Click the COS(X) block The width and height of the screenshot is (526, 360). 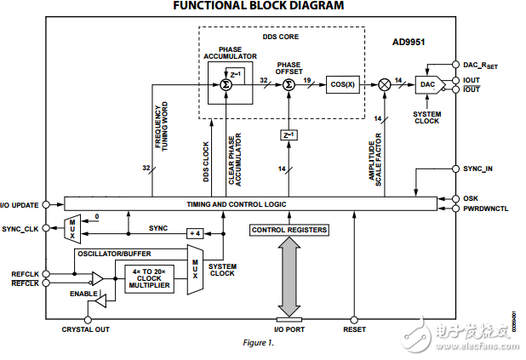342,85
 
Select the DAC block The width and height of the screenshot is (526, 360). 426,85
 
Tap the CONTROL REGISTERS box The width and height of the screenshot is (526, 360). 289,230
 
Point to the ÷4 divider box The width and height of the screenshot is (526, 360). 193,233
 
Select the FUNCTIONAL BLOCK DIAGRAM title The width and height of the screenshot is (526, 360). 259,6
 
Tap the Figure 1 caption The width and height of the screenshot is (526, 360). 260,343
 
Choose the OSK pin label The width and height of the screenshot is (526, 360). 471,198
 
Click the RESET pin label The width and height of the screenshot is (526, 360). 354,329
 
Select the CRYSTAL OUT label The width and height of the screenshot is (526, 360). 85,329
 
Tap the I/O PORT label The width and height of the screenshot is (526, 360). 289,329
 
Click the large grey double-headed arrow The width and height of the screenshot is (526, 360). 289,277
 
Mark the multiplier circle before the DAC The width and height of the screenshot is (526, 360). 385,85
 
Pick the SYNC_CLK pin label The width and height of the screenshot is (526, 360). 21,229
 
